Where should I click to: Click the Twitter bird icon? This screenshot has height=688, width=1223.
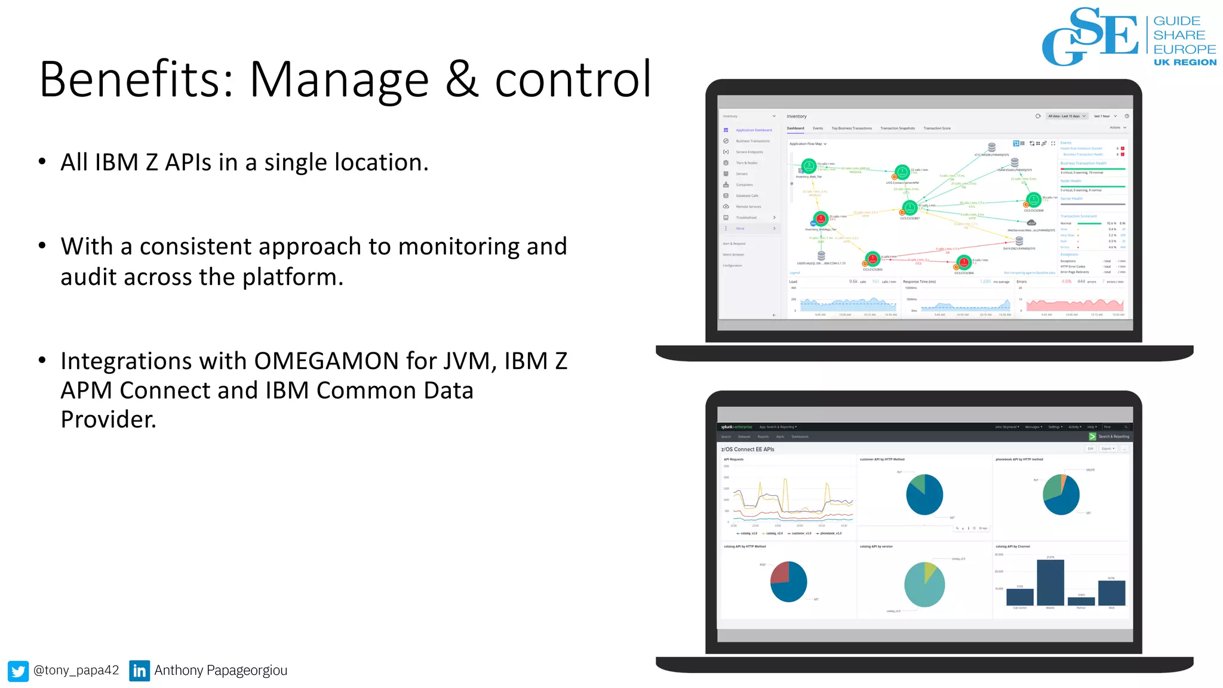tap(18, 671)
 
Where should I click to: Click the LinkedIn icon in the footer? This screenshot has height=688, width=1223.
tap(139, 671)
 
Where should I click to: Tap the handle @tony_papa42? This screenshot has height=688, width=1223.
tap(76, 670)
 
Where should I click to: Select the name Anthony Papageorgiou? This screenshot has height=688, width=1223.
tap(220, 670)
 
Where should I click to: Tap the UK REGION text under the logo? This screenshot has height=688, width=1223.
tap(1185, 62)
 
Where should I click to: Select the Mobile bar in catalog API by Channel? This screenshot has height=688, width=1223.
tap(1050, 582)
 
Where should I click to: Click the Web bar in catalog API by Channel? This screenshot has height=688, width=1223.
tap(1111, 592)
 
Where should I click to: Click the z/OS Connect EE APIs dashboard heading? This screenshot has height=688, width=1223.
tap(747, 449)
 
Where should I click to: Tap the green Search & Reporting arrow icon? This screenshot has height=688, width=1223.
tap(1092, 437)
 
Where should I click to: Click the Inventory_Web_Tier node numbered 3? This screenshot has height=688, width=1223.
tap(809, 165)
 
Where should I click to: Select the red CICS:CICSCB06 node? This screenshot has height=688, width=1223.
tap(964, 262)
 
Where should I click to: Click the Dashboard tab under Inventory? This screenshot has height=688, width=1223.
tap(795, 128)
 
